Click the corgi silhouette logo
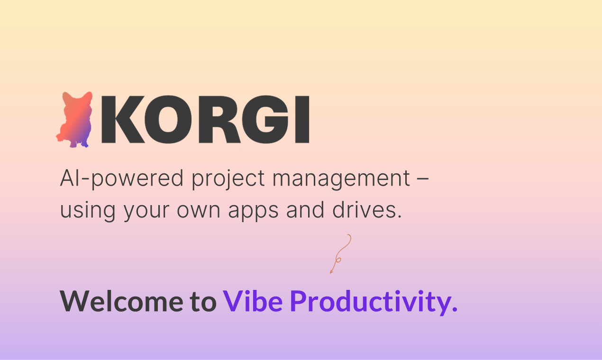tap(74, 120)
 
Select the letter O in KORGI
tap(172, 119)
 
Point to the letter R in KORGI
tap(220, 119)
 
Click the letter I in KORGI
tap(302, 119)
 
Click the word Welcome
tap(120, 300)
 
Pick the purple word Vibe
tap(253, 300)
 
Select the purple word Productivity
tap(374, 301)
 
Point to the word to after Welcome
tap(202, 301)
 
